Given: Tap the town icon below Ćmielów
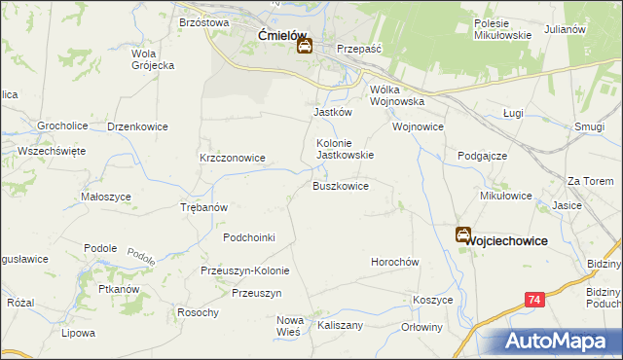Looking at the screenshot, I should coord(305,46).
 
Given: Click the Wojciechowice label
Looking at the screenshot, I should coord(506,240).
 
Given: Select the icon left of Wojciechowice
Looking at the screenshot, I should coord(463,235).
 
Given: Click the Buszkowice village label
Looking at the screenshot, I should coord(340,185).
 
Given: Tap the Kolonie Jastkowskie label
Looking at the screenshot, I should coord(346,148).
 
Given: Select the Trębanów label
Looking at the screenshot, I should coord(204,207).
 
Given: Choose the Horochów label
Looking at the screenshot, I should coord(394,263).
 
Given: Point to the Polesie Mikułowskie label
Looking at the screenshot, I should coord(502,29).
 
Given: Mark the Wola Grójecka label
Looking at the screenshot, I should coord(152,59).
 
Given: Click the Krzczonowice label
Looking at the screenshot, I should coord(233,158).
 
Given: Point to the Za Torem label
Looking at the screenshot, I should coord(591,181).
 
